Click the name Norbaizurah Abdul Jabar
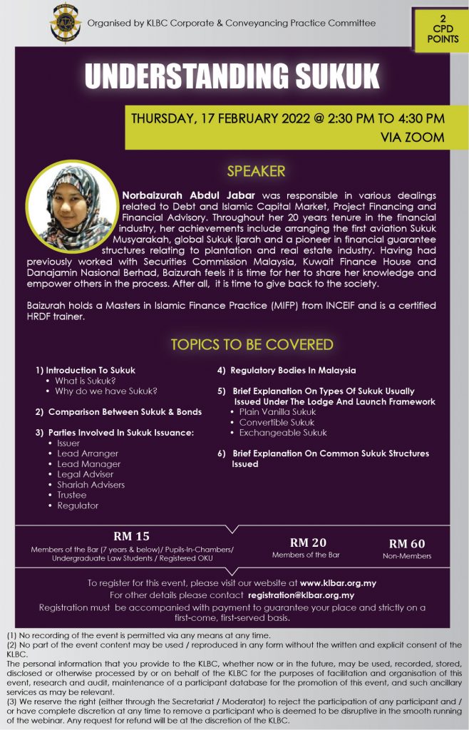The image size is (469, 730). [188, 194]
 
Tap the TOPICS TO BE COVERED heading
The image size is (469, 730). [252, 345]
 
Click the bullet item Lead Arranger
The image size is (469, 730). [88, 453]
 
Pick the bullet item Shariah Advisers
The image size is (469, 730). [91, 485]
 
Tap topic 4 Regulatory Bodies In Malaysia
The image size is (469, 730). [287, 370]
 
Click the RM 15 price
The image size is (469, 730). [132, 536]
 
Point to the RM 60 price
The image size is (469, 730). [407, 543]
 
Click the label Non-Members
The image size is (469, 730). [407, 556]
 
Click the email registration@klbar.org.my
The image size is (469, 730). [301, 595]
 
